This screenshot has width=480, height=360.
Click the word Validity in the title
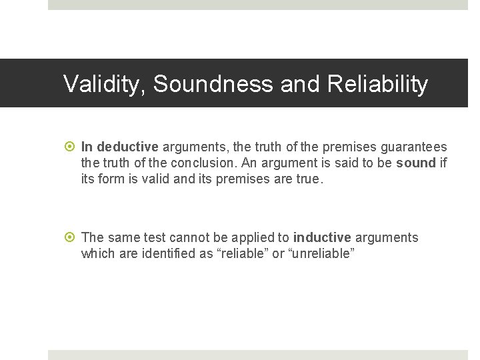point(105,84)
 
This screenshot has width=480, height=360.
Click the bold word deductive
point(128,147)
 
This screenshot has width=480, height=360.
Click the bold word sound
point(415,163)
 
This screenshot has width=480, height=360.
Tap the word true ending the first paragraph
point(308,179)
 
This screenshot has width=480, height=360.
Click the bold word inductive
point(322,237)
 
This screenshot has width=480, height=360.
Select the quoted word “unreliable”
point(319,253)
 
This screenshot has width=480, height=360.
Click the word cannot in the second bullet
point(189,237)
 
